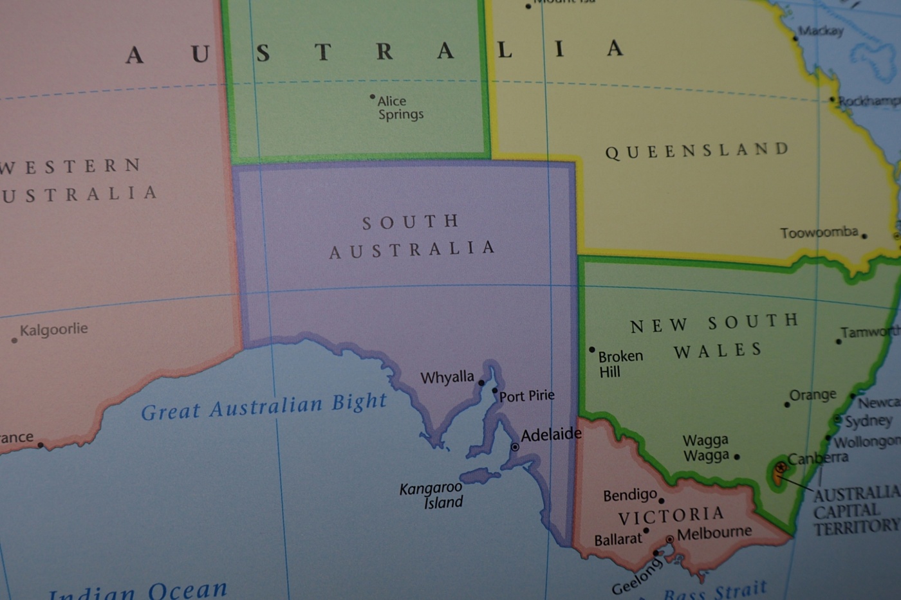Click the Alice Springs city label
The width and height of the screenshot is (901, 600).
pos(400,108)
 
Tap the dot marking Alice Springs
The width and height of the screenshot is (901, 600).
pos(372,97)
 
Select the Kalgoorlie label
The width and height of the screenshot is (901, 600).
pos(53,330)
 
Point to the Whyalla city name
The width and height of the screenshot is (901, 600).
pos(447,377)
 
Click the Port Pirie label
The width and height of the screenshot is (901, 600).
pos(526,395)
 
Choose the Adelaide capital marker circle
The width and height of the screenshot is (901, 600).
pos(515,446)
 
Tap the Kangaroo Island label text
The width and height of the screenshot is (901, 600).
pos(431,495)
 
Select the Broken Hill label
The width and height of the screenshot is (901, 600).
pos(620,363)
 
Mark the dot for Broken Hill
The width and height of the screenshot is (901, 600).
pos(592,350)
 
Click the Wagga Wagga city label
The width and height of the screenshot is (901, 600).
pos(705,448)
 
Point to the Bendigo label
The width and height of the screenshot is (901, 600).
pos(629,495)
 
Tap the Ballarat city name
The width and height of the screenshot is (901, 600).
pos(618,540)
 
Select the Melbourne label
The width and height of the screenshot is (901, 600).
pos(714,533)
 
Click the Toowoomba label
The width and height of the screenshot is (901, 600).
pos(819,232)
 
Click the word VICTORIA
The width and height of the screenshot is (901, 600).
pos(671,516)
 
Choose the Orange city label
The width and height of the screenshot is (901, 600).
pos(813,395)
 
